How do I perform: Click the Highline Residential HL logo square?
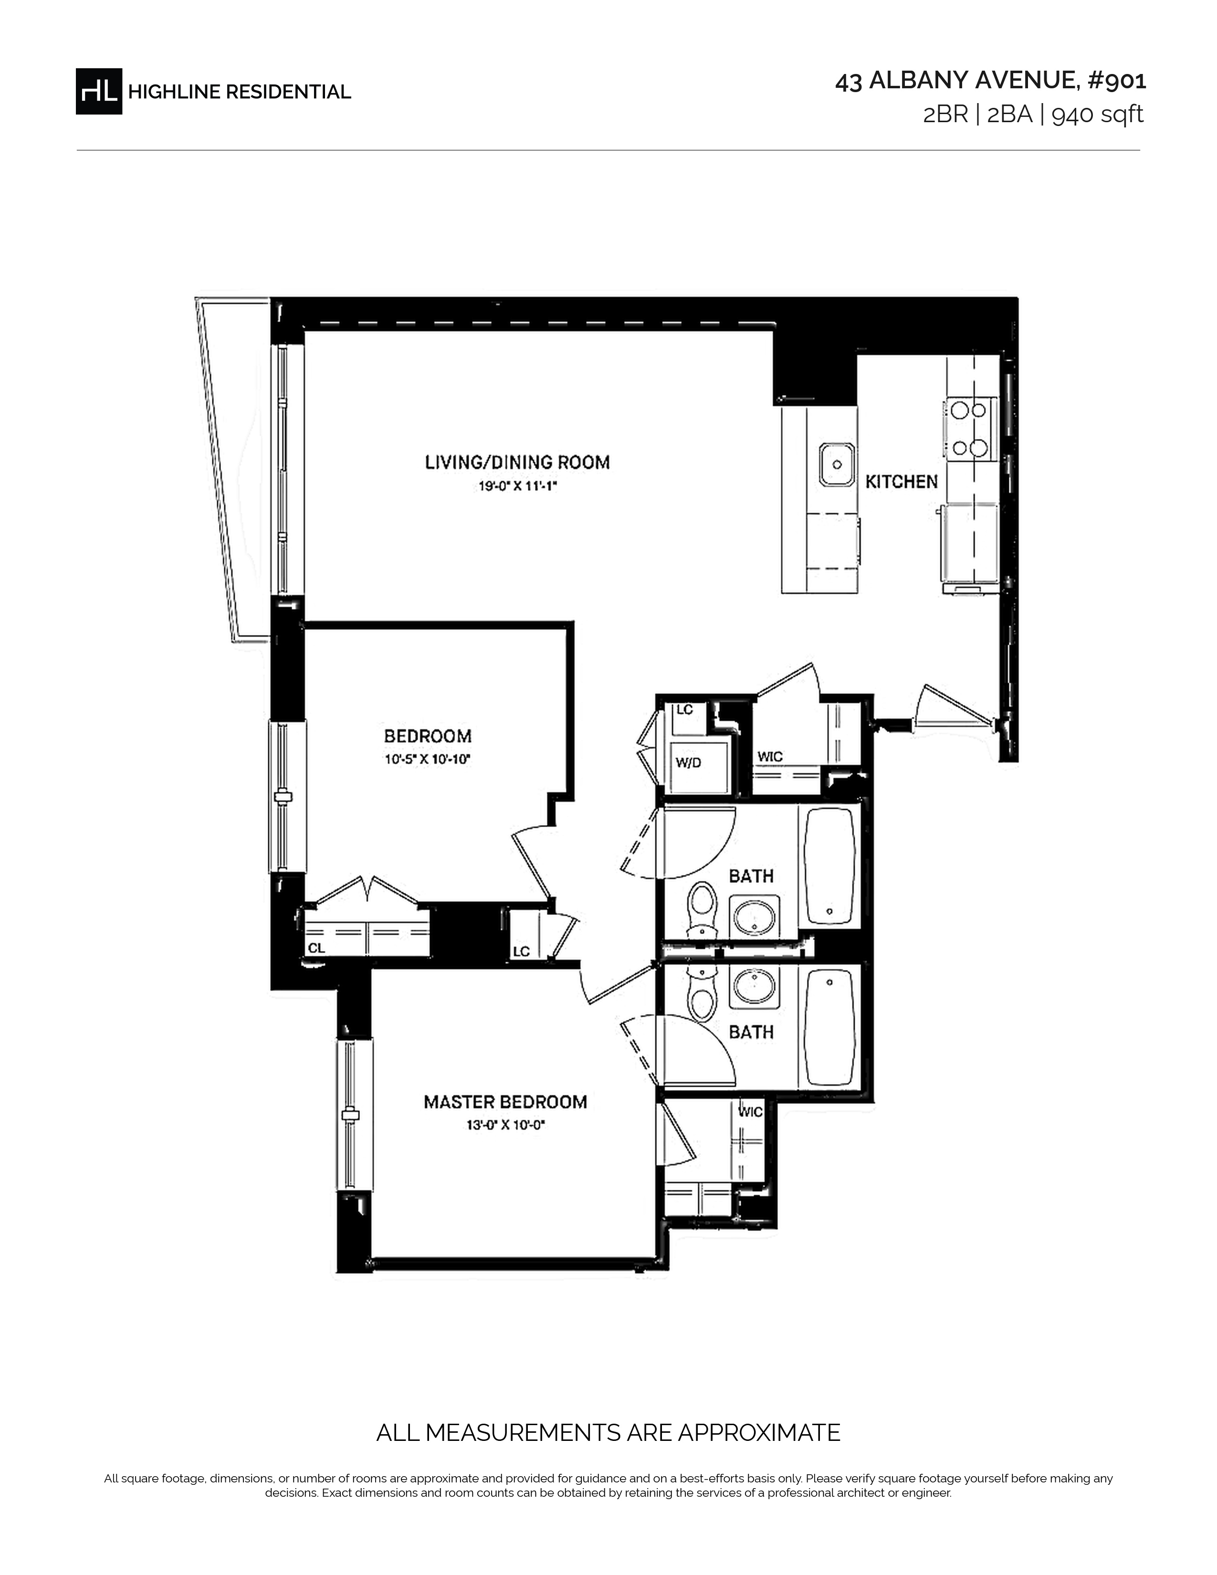pos(99,91)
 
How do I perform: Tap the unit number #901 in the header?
pos(1117,81)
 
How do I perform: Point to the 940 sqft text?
pos(1097,115)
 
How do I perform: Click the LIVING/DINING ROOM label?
pos(517,462)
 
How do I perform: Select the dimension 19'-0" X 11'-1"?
pos(518,487)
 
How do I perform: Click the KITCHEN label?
pos(901,482)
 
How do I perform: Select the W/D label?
pos(688,763)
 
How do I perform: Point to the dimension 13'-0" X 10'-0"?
pos(504,1125)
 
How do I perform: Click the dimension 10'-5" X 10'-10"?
pos(428,759)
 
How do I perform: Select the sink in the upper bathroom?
pos(754,917)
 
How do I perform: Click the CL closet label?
pos(316,948)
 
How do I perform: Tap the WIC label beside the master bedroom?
pos(751,1112)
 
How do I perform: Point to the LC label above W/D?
pos(684,710)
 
